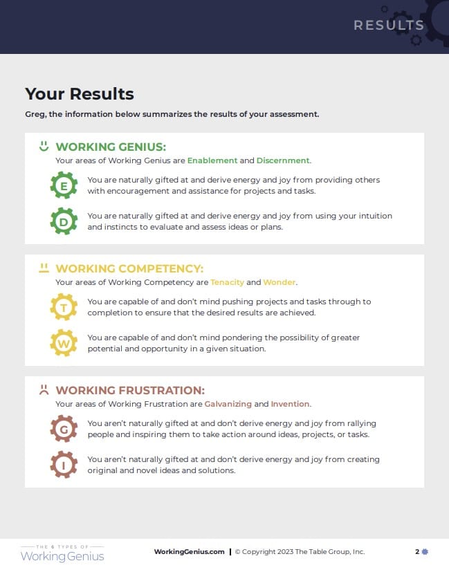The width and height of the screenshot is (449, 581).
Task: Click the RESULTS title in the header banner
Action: click(388, 26)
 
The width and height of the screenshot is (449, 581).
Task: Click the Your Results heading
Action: click(80, 94)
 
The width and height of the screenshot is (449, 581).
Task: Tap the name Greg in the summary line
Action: click(35, 114)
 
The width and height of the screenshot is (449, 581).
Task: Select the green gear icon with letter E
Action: click(64, 186)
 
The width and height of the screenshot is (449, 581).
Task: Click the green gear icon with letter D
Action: click(64, 221)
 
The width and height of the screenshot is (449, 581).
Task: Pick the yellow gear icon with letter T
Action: click(64, 307)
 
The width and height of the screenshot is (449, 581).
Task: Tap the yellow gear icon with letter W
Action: click(64, 343)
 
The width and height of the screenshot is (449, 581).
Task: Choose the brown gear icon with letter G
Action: click(64, 429)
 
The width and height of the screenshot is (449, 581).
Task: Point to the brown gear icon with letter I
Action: click(64, 465)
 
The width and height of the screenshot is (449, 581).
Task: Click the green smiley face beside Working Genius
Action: click(44, 146)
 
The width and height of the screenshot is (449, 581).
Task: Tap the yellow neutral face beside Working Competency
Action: click(44, 268)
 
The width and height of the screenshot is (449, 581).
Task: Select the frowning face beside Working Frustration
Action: click(44, 389)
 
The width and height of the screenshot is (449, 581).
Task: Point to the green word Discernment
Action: click(283, 160)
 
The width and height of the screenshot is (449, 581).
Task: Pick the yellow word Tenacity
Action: click(227, 282)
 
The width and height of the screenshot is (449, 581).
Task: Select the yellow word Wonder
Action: click(280, 282)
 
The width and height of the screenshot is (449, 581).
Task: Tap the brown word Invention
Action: click(290, 404)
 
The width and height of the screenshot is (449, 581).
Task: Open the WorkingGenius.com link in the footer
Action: click(189, 552)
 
